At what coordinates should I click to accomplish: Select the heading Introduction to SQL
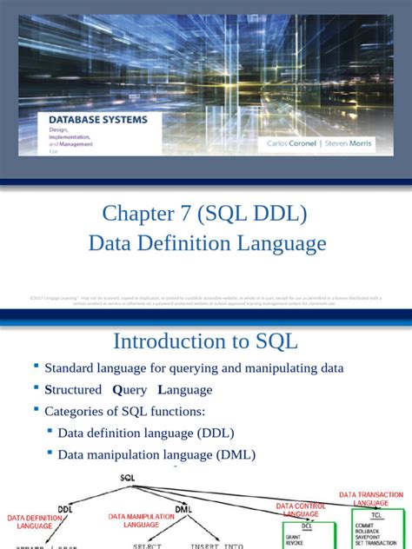pyautogui.click(x=206, y=341)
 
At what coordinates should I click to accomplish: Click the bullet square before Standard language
pyautogui.click(x=37, y=367)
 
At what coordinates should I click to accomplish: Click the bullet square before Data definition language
pyautogui.click(x=50, y=431)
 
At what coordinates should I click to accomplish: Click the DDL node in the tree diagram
pyautogui.click(x=65, y=509)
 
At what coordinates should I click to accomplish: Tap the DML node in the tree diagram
pyautogui.click(x=183, y=509)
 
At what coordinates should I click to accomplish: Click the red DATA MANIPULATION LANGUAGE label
pyautogui.click(x=141, y=520)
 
